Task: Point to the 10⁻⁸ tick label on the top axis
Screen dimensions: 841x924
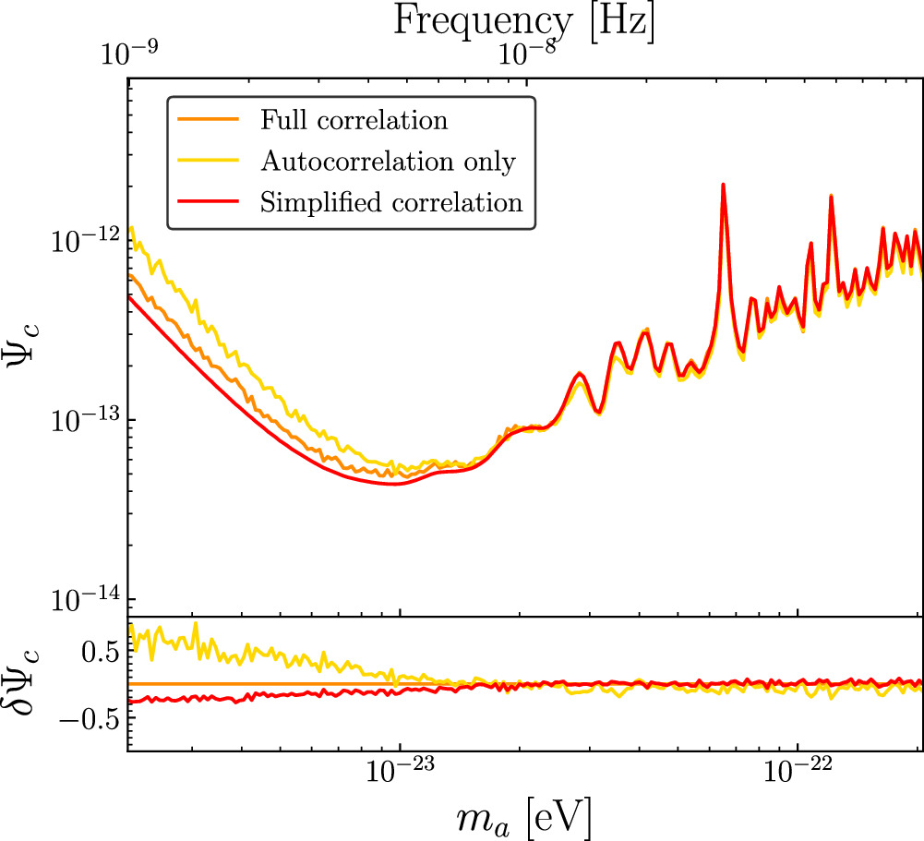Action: [523, 54]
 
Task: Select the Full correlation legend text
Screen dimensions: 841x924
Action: [354, 120]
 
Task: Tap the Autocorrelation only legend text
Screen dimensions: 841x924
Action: [388, 161]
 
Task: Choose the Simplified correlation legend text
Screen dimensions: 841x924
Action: [392, 201]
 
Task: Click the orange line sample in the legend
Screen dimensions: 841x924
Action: [210, 120]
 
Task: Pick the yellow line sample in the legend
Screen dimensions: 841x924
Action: [210, 161]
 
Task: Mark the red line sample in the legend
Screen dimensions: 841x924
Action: [210, 201]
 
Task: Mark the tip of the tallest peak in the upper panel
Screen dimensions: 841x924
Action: [724, 185]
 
